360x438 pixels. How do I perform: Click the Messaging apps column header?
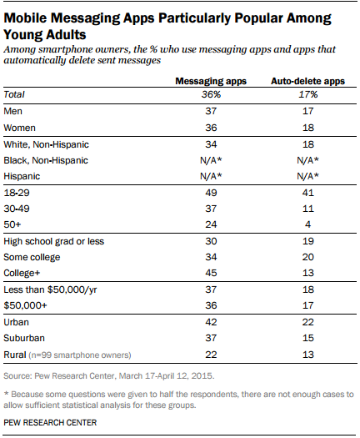coord(211,81)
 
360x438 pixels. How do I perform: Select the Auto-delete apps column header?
coord(307,81)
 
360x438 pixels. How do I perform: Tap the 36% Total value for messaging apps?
coord(211,95)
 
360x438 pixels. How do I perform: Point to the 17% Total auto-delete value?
coord(308,95)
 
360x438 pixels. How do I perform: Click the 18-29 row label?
coord(17,193)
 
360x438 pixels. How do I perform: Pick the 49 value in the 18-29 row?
coord(211,193)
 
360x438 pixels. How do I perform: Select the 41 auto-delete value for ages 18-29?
coord(308,193)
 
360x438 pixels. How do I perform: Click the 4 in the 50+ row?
coord(308,224)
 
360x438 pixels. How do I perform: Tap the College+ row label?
coord(22,273)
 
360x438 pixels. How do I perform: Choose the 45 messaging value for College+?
coord(211,273)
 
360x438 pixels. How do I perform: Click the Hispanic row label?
coord(22,176)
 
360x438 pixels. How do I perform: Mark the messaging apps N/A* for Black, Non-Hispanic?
coord(211,160)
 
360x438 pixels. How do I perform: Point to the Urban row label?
coord(16,322)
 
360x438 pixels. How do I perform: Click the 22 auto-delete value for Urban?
coord(308,322)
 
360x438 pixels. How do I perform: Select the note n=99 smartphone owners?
coord(80,355)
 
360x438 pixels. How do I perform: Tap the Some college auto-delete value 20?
coord(308,257)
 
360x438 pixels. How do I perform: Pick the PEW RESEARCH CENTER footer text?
coord(50,423)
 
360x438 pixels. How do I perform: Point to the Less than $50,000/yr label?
coord(50,289)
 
